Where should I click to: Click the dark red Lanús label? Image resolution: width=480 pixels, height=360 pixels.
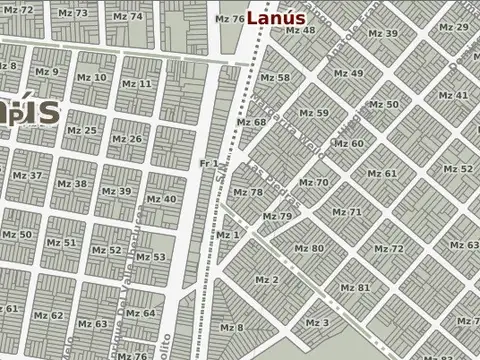pos(275,17)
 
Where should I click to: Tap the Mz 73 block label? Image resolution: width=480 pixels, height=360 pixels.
pos(73,14)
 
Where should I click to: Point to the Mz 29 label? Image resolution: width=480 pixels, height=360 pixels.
pos(454,26)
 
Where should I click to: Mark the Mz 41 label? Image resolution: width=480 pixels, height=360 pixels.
pos(454,95)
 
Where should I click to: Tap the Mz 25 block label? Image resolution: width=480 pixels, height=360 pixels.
pos(83,130)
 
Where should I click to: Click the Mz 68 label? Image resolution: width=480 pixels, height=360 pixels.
pos(251,122)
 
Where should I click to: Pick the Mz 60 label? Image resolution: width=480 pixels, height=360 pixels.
pos(348,143)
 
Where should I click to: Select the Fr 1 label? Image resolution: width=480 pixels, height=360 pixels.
pos(209,163)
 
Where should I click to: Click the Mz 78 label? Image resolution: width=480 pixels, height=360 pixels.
pos(248,192)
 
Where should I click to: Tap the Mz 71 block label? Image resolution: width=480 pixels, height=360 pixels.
pos(347,212)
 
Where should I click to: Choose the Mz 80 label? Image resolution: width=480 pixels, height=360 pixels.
pos(309,248)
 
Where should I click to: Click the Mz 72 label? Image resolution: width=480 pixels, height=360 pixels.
pos(389,248)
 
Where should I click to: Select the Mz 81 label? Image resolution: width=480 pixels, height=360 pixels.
pos(355,288)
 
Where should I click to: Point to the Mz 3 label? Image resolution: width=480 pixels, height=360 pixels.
pos(317,322)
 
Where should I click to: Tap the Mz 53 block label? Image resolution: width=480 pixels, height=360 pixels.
pos(151,257)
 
